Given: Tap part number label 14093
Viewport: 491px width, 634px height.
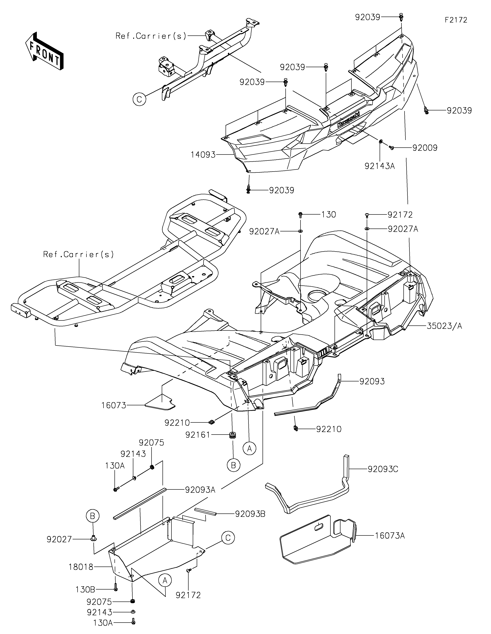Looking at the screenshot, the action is pos(203,155).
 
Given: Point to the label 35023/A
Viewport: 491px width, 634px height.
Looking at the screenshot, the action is pos(444,326).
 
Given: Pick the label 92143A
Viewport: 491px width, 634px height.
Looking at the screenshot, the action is pos(380,166).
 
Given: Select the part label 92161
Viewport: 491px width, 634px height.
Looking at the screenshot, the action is pos(198,435).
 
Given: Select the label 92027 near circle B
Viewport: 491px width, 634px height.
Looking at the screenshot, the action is pos(59,539).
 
